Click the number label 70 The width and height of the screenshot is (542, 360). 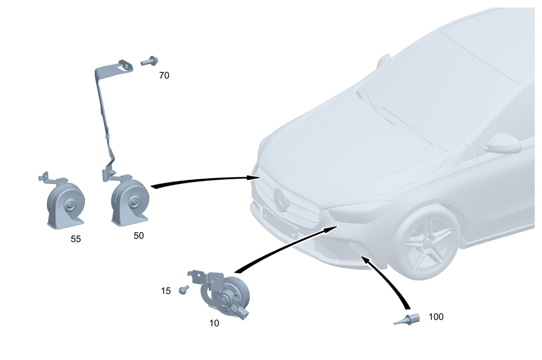(x=164, y=76)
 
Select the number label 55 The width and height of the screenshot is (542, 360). (x=75, y=239)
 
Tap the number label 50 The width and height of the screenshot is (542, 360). (x=139, y=236)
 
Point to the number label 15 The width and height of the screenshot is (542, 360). (x=166, y=291)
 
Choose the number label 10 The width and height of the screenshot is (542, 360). (x=214, y=323)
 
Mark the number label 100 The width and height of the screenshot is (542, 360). (x=436, y=317)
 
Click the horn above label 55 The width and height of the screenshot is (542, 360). (x=65, y=203)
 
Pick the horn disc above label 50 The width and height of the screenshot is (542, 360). (x=128, y=201)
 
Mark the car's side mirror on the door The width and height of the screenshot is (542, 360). (x=503, y=144)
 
